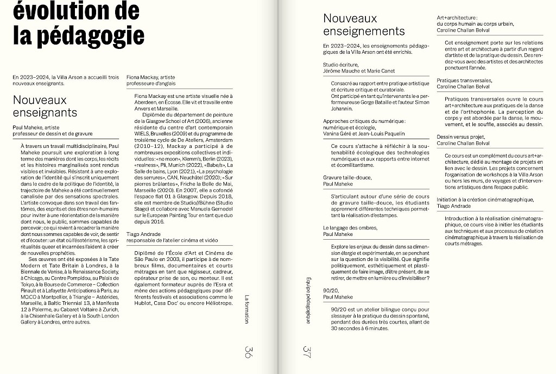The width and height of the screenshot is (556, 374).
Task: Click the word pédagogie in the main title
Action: [93, 35]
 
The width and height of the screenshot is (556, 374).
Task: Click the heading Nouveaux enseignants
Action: [45, 107]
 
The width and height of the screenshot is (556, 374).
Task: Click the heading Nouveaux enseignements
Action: [364, 25]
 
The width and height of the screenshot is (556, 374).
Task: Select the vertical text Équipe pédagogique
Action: [308, 299]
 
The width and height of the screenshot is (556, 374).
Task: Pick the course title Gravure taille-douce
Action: [347, 178]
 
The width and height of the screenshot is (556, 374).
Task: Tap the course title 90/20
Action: [330, 291]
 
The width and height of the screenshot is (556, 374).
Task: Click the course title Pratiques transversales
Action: [464, 80]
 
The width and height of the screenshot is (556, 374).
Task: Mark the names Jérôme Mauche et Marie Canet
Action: [359, 71]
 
